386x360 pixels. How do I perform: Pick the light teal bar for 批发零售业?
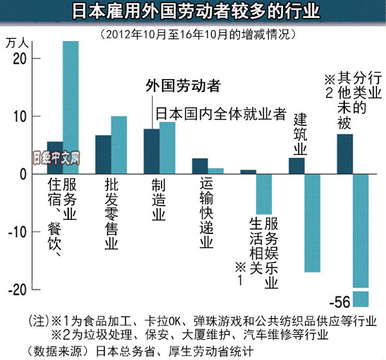(x=119, y=145)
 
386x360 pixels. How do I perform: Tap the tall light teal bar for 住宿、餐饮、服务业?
(x=70, y=108)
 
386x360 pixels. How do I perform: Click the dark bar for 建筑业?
(x=297, y=166)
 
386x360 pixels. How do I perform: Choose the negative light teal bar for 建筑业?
(x=312, y=223)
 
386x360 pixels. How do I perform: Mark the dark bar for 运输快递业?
(x=200, y=166)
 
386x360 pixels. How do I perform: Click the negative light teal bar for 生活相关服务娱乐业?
(x=264, y=194)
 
